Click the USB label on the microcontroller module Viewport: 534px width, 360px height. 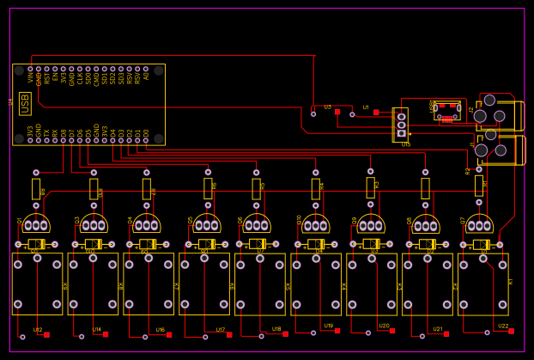click(25, 103)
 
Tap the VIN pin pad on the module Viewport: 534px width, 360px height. click(30, 69)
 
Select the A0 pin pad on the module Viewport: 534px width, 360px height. click(146, 69)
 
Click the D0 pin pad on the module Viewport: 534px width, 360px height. click(146, 140)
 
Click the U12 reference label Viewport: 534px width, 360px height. click(38, 330)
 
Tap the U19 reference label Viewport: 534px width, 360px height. click(328, 326)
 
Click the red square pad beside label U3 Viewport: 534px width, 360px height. click(337, 112)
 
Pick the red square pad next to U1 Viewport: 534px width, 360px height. click(376, 112)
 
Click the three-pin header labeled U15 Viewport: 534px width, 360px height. click(401, 125)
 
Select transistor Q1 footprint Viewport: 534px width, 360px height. click(35, 225)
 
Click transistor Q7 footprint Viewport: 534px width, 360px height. click(479, 225)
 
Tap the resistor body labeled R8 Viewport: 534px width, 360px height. click(35, 188)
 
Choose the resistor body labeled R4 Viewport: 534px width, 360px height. click(315, 188)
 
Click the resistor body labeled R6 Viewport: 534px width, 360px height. click(208, 188)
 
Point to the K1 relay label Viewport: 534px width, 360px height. click(510, 282)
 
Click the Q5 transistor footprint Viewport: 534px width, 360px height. click(206, 225)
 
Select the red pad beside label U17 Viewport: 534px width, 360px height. click(229, 334)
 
